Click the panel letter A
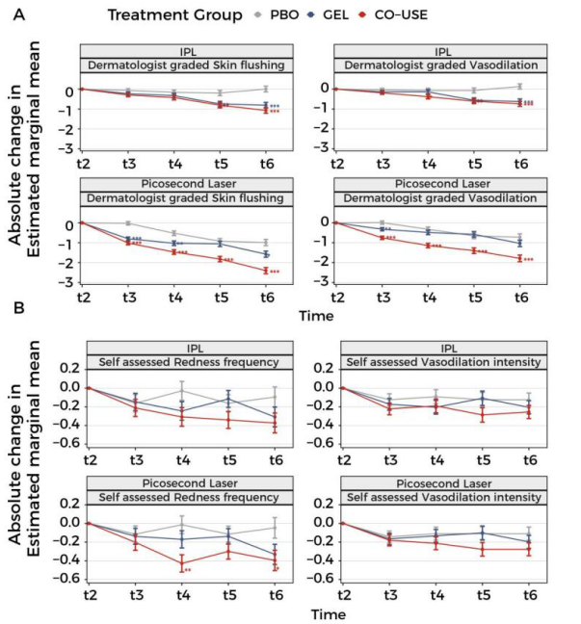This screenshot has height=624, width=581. click(13, 13)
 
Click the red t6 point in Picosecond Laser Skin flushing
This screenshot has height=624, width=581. click(265, 271)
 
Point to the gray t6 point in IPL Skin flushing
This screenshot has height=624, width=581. click(265, 89)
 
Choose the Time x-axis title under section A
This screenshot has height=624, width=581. click(307, 315)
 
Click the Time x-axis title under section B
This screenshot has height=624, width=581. click(307, 612)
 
